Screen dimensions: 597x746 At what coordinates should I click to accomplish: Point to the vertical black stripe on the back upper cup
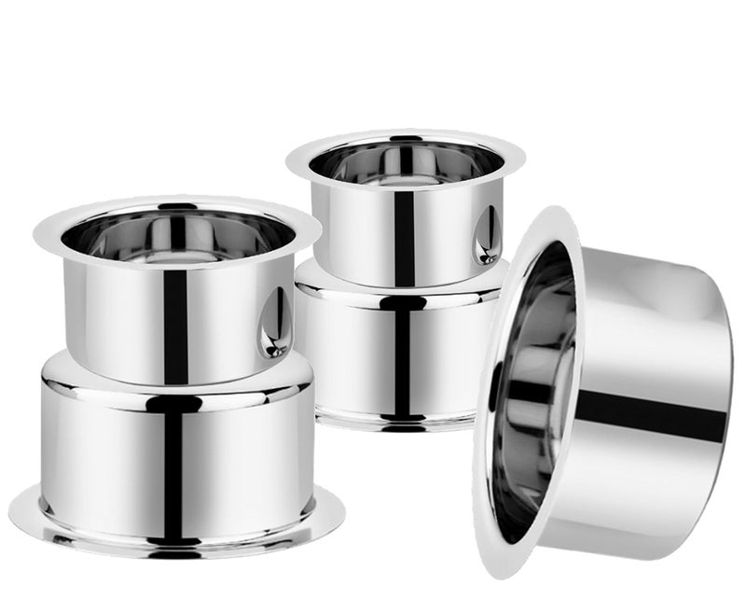click(403, 233)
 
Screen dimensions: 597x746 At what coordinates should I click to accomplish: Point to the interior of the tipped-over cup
click(532, 392)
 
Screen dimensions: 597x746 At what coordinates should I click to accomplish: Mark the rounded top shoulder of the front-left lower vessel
click(93, 373)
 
